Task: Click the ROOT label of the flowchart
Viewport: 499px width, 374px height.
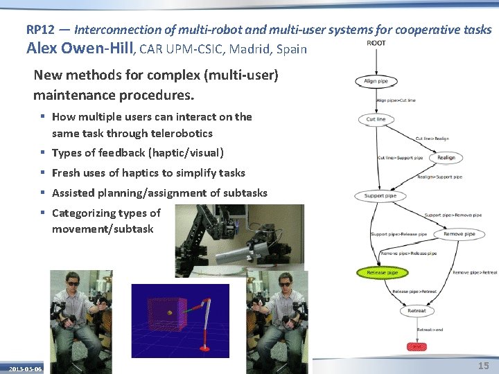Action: click(376, 44)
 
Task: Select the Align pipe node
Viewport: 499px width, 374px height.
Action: click(376, 82)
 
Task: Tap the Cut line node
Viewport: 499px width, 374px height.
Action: click(376, 119)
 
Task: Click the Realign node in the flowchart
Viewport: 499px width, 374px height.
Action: click(446, 158)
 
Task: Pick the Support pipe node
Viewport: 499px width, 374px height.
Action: click(380, 196)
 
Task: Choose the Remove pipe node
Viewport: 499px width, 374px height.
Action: click(459, 234)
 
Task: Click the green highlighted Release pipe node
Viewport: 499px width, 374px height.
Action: click(382, 273)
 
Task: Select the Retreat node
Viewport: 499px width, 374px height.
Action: click(417, 311)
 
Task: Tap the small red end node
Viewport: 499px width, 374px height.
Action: click(417, 346)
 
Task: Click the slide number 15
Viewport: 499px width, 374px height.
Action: click(483, 365)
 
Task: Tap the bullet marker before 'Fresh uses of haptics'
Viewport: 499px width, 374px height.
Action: click(43, 173)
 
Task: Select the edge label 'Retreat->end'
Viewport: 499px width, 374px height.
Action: click(430, 330)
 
